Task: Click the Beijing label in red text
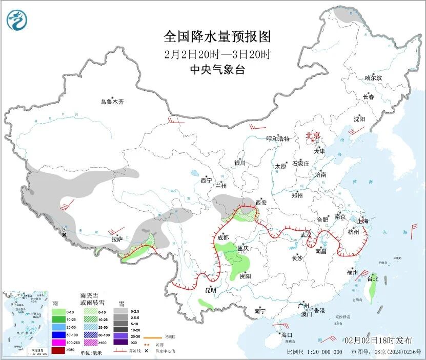(313, 135)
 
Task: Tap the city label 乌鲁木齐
(112, 102)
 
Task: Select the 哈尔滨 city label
(373, 78)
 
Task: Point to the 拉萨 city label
(117, 238)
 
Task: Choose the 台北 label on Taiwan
(373, 279)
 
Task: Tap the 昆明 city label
(210, 290)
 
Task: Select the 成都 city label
(222, 237)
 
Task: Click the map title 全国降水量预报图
(217, 36)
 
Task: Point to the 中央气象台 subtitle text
(217, 70)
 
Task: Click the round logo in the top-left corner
(18, 20)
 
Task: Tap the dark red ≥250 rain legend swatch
(58, 350)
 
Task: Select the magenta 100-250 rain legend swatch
(58, 342)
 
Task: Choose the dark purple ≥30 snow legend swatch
(121, 342)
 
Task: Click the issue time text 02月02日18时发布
(377, 340)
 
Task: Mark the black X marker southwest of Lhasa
(64, 235)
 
